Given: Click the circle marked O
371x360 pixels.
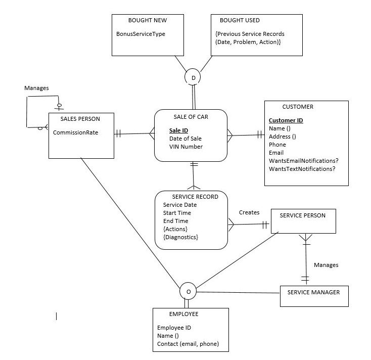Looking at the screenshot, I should tap(188, 291).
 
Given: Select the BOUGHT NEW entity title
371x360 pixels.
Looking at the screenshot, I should tap(148, 20).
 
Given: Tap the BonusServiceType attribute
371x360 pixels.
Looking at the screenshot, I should tap(141, 34).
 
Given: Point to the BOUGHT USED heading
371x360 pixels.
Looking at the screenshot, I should tap(240, 20).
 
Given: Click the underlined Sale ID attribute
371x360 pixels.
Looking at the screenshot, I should tap(178, 130).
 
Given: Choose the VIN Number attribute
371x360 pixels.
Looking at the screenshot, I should tap(186, 147).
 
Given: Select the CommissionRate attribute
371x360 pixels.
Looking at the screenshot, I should tap(76, 133).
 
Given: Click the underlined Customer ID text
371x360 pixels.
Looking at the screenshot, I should tap(286, 120).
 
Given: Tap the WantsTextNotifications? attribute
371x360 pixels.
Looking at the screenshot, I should tap(302, 168).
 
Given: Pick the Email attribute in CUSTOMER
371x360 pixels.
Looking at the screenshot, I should tap(276, 153).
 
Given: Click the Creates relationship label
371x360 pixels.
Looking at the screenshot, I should tap(249, 212).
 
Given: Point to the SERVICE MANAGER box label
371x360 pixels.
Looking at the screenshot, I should tap(313, 292).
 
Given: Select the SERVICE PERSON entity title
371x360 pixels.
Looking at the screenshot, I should tap(302, 215).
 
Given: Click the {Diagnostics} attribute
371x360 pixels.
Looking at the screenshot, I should tap(180, 237).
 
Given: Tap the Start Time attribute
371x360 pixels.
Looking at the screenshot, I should tap(176, 213).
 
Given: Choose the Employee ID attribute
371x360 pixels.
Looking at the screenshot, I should tap(174, 328).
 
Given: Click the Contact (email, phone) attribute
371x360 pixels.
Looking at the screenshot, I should tap(188, 344).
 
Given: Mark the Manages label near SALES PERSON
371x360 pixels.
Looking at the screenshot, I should tap(36, 88).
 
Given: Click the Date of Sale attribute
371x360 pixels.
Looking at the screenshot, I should tap(185, 139).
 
